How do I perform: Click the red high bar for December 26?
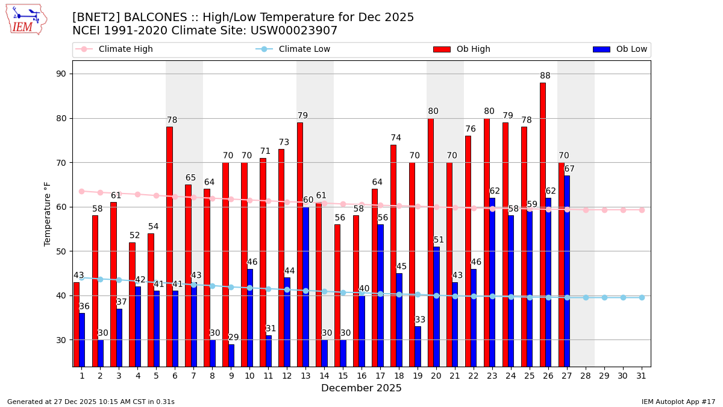click(542, 223)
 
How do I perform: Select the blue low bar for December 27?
click(567, 271)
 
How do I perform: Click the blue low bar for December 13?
click(305, 286)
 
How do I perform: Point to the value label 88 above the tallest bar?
click(545, 76)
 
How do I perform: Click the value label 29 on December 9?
click(233, 338)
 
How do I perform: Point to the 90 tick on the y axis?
click(61, 74)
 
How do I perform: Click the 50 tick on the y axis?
click(61, 251)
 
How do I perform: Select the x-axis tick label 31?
click(642, 376)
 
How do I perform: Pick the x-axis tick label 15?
click(343, 376)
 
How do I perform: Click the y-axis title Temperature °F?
click(48, 213)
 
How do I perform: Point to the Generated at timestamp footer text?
click(91, 402)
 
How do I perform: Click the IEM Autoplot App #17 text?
click(678, 402)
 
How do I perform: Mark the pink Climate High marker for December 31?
click(642, 210)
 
